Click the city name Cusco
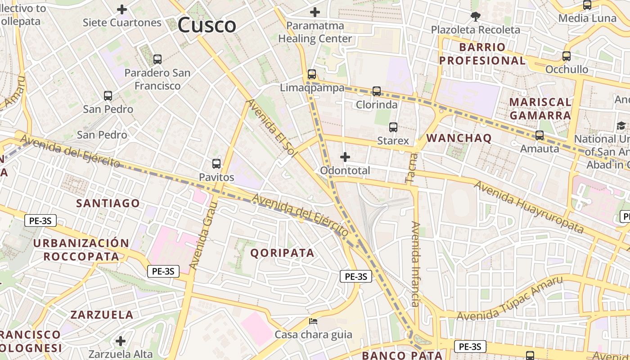207,25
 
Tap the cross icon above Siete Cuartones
122,9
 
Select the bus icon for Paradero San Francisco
157,59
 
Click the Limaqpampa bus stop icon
311,74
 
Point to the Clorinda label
377,105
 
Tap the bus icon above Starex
393,127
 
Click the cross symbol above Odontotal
345,157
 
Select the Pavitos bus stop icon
216,164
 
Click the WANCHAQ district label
459,138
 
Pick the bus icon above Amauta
539,135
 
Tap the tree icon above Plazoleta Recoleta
475,17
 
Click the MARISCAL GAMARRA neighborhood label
540,108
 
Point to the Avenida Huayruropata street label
528,207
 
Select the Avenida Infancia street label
416,264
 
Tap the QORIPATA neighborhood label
282,253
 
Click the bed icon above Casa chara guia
313,321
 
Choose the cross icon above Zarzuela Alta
120,341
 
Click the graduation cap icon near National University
621,126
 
